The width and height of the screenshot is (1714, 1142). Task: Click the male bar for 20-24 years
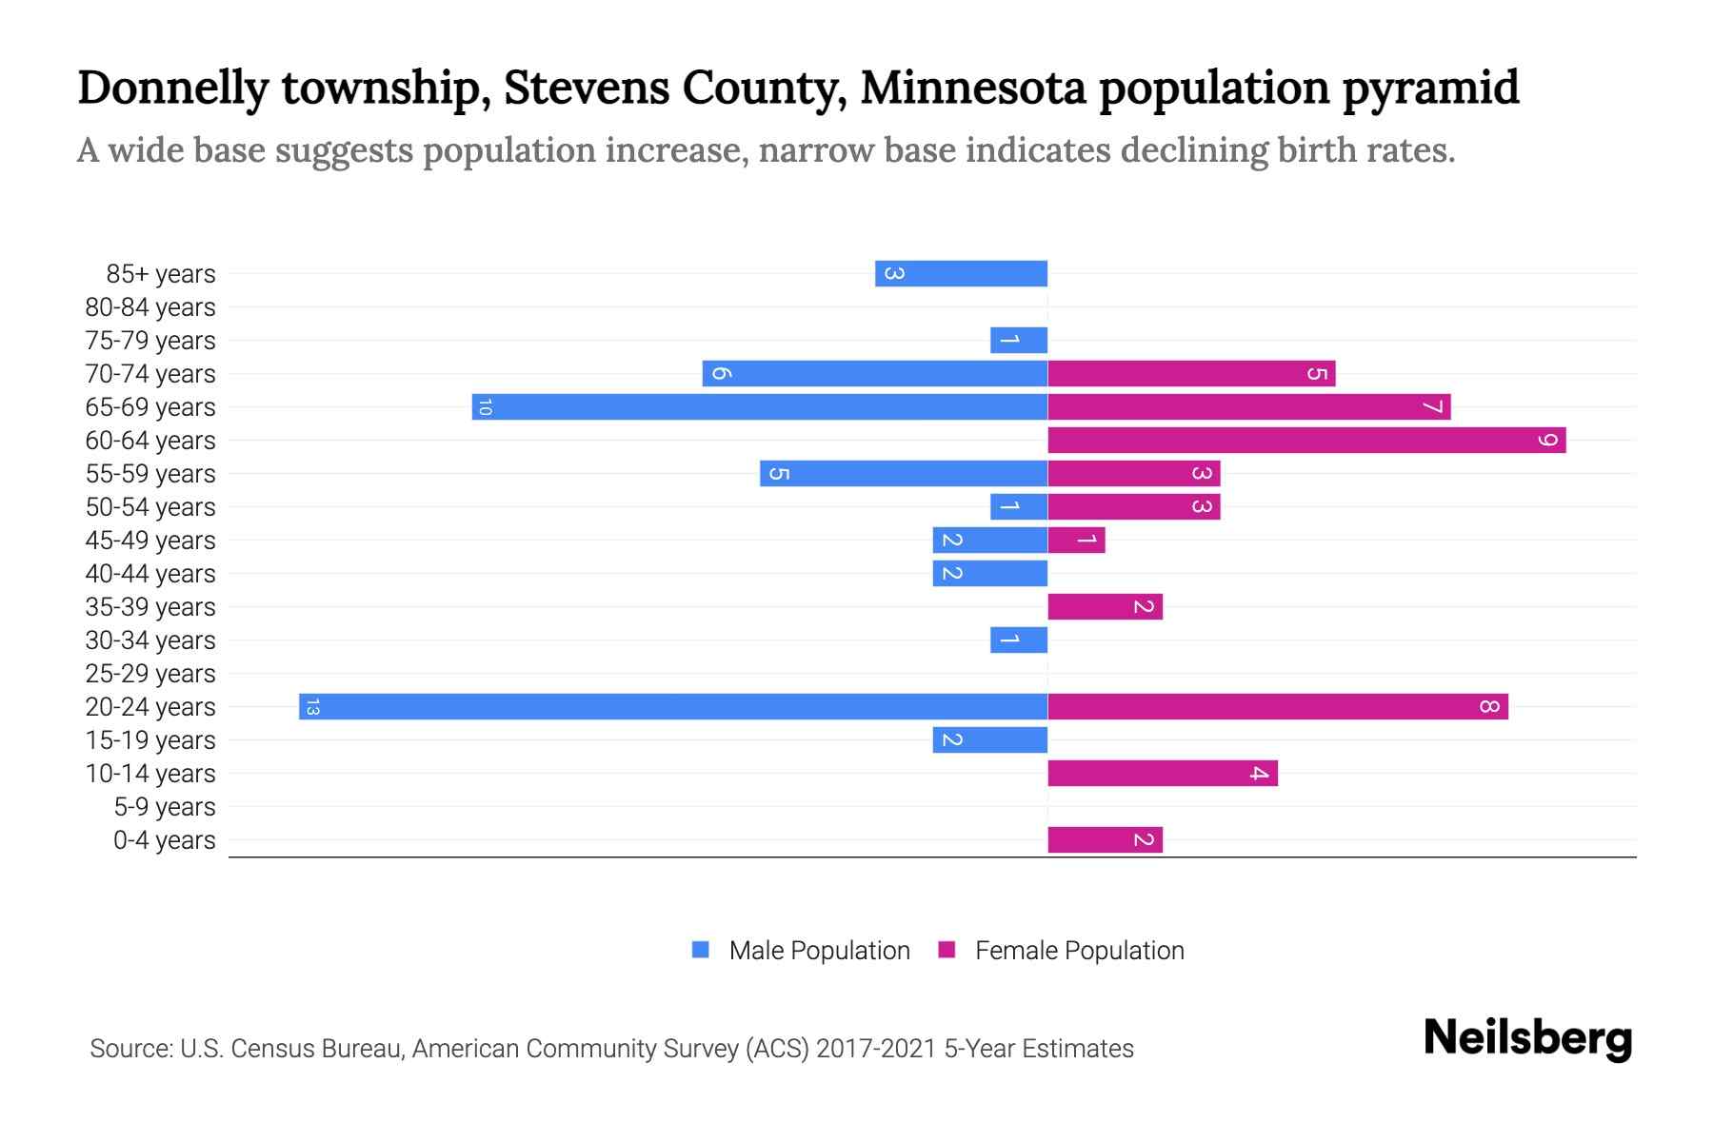[x=673, y=706]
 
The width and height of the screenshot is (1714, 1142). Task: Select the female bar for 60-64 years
[x=1306, y=440]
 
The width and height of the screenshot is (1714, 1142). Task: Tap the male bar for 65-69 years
[x=760, y=406]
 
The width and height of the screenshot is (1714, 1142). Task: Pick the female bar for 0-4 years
[x=1105, y=839]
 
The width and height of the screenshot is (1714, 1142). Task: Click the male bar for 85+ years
[x=962, y=273]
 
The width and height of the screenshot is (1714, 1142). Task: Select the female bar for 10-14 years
[x=1162, y=773]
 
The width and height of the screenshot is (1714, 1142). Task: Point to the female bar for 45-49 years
[x=1076, y=540]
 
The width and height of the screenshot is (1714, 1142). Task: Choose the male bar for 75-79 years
[x=1019, y=340]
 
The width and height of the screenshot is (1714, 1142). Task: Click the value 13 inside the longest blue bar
[x=312, y=706]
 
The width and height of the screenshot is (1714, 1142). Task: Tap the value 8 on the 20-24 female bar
[x=1489, y=706]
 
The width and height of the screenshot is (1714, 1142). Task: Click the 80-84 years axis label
[x=150, y=307]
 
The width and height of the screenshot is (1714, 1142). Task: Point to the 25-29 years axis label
[x=150, y=674]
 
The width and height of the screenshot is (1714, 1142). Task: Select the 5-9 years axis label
[x=164, y=807]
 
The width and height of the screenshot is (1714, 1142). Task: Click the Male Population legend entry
[x=819, y=950]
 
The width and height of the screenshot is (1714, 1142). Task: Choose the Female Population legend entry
[x=1079, y=950]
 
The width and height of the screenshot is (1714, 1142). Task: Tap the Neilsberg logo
[x=1527, y=1038]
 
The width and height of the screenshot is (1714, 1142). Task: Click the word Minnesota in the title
[x=973, y=88]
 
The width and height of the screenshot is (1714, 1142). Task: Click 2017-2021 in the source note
[x=876, y=1049]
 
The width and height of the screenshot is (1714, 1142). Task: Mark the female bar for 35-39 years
[x=1105, y=606]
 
